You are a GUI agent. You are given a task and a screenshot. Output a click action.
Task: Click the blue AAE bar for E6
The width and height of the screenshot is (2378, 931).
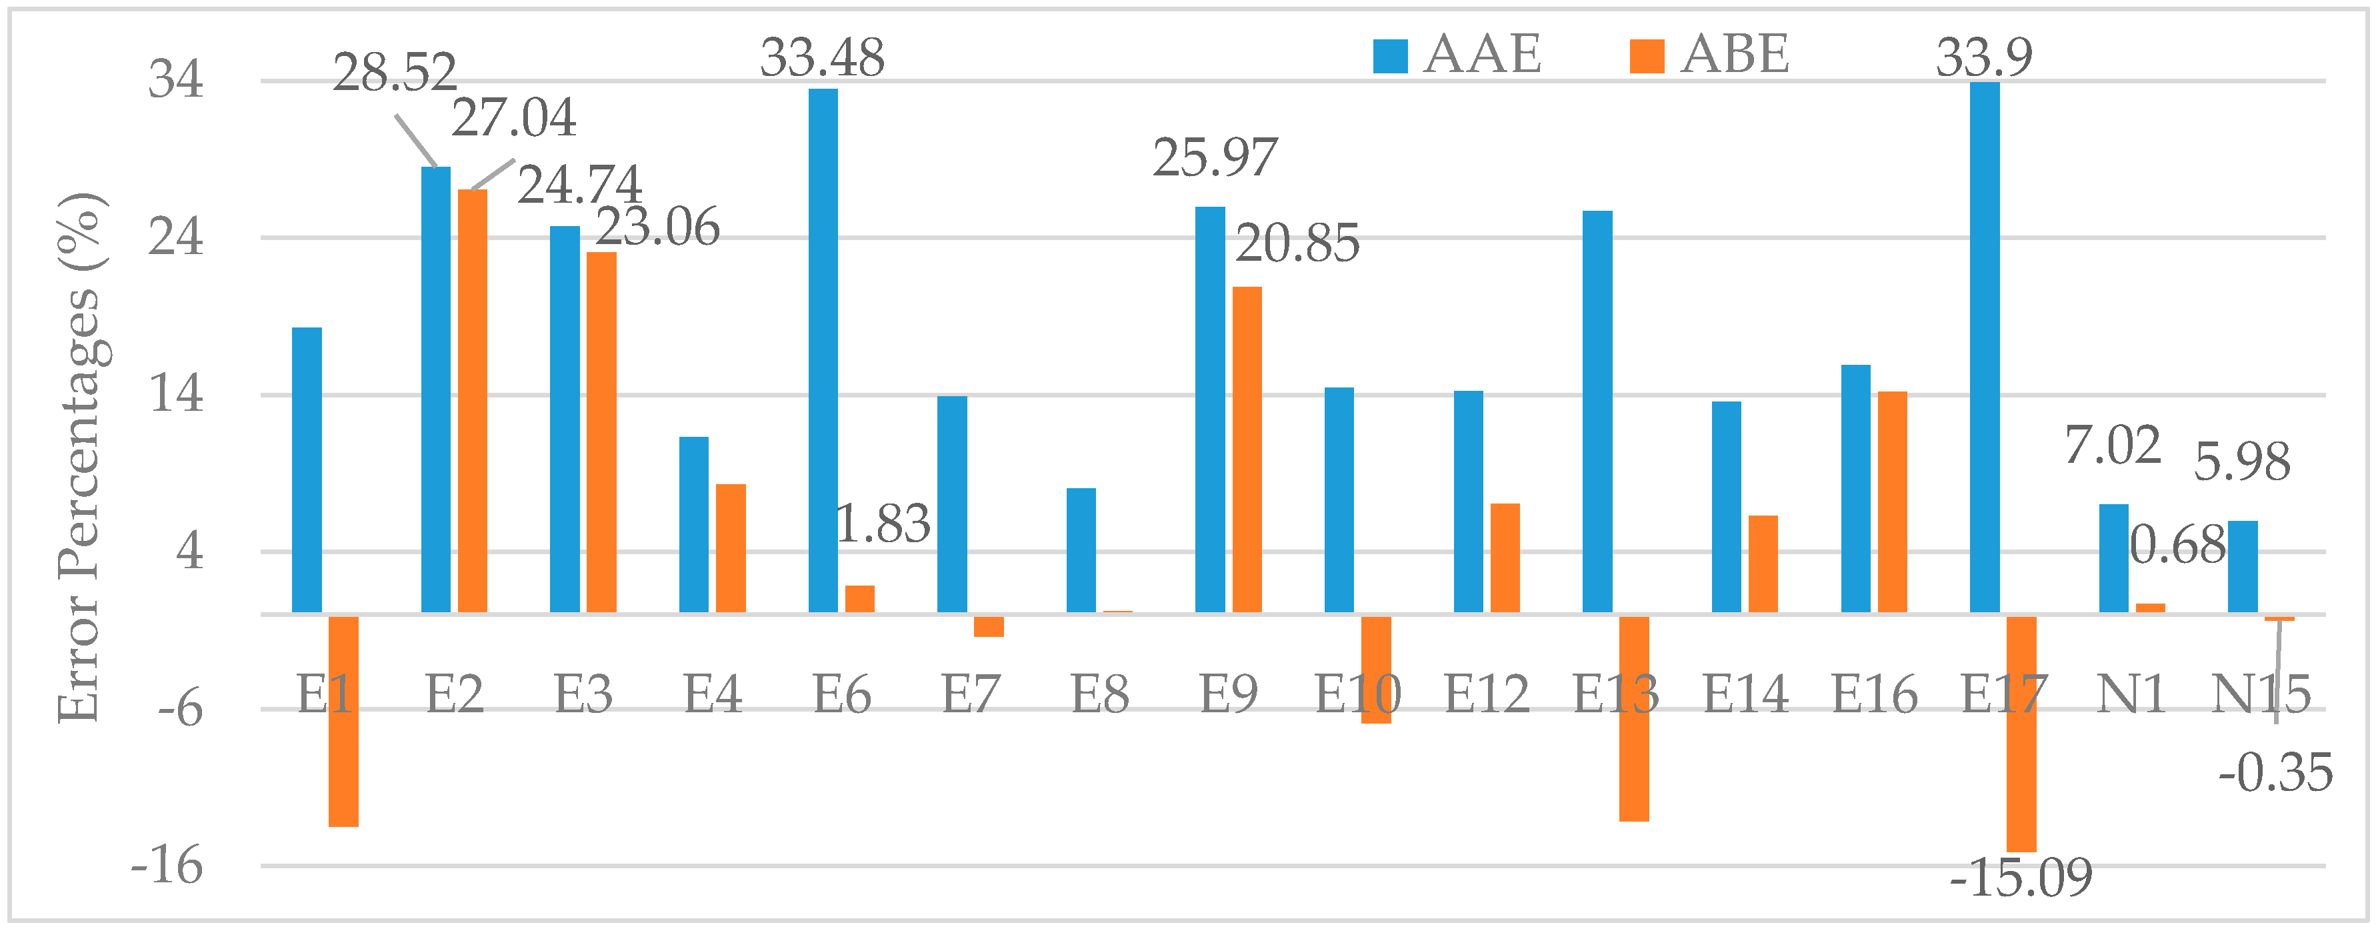[x=823, y=351]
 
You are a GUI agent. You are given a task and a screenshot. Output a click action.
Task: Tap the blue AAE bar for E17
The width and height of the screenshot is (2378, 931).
[x=1985, y=347]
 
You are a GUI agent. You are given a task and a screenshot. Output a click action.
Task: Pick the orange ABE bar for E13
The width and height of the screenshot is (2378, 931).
[x=1634, y=718]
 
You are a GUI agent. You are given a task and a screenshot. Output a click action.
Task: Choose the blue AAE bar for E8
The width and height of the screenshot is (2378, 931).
[x=1081, y=550]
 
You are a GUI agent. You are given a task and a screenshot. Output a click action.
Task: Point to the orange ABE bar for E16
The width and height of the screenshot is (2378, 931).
[x=1893, y=502]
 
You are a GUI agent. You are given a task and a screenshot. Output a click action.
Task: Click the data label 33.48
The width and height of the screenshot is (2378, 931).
[x=823, y=57]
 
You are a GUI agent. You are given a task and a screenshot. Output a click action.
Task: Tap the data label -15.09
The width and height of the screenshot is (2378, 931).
[x=2021, y=878]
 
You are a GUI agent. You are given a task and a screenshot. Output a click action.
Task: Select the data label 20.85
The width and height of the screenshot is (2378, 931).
[x=1297, y=244]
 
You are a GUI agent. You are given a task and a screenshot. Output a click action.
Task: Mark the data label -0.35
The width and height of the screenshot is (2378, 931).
[x=2275, y=772]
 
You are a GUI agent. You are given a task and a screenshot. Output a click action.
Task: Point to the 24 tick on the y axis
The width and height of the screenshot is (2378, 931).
[x=175, y=237]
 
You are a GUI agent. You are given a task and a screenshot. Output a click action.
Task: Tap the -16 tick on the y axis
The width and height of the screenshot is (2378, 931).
[x=166, y=866]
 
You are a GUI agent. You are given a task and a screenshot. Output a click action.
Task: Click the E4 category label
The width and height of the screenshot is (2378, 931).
[x=713, y=694]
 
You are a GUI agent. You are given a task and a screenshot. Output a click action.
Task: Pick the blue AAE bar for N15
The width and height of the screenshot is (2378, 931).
[x=2243, y=567]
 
